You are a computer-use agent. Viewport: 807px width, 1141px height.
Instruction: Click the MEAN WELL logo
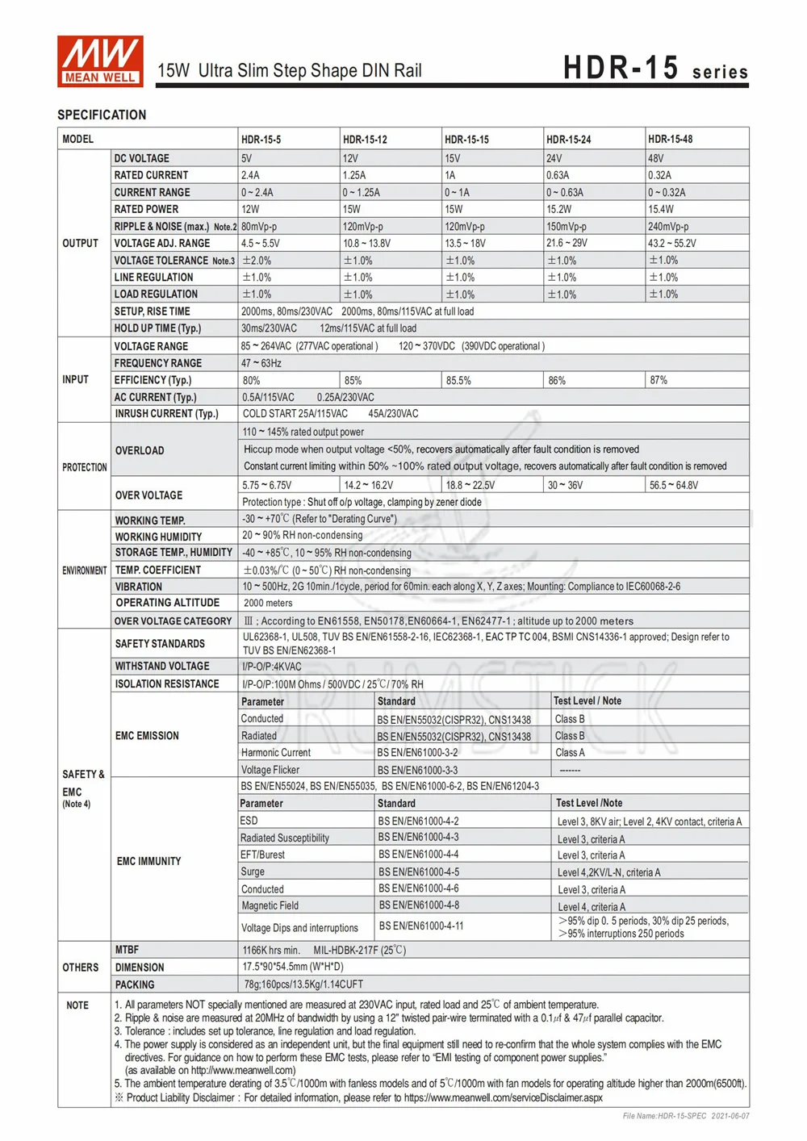[100, 61]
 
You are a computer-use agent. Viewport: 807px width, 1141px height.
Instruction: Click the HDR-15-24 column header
[568, 140]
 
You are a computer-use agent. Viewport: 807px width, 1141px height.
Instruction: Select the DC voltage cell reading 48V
[656, 159]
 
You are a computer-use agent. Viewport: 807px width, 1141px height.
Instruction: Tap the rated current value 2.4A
[250, 175]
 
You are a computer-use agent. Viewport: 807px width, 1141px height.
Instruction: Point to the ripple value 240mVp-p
[668, 227]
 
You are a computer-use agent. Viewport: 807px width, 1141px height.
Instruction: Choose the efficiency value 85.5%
[458, 380]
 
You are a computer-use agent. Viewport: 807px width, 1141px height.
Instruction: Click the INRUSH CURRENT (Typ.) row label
[166, 414]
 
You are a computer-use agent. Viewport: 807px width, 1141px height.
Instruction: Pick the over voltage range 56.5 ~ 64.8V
[674, 485]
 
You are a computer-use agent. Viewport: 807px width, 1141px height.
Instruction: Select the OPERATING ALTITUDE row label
[167, 603]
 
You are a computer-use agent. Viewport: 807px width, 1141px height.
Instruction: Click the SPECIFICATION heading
[102, 115]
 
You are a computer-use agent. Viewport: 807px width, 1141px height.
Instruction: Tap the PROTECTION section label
[84, 467]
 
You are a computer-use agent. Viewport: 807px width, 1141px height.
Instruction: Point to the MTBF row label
[127, 950]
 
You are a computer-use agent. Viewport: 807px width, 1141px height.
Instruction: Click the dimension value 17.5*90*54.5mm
[293, 967]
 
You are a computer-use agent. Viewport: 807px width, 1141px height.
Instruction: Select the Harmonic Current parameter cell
[276, 753]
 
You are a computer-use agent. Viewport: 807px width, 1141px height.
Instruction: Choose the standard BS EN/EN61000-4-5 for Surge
[419, 871]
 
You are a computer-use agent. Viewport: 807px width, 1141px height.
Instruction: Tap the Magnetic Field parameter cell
[270, 905]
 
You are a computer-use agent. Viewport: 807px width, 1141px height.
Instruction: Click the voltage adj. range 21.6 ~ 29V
[567, 243]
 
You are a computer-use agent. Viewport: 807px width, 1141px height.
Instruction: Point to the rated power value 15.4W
[661, 209]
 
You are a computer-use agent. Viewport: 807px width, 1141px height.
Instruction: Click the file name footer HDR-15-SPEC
[686, 1116]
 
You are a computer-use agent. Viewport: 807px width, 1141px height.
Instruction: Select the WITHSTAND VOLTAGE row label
[162, 667]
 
